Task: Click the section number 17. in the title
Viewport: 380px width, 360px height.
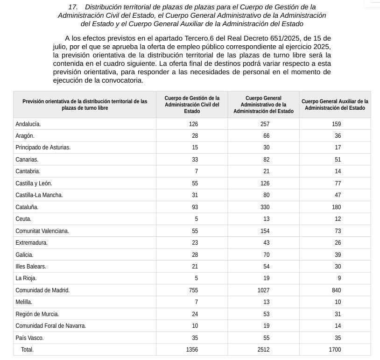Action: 73,7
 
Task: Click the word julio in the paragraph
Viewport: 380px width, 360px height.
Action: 61,47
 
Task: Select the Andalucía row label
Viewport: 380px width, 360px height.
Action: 28,124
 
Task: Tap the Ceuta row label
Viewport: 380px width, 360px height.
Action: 23,219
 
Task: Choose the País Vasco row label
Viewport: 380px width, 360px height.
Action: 29,338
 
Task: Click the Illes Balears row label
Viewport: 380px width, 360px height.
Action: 31,267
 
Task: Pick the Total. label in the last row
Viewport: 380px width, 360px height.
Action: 27,350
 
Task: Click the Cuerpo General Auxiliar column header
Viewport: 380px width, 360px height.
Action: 335,105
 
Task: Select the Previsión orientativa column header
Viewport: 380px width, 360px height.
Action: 85,105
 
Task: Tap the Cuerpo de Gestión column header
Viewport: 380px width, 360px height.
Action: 192,105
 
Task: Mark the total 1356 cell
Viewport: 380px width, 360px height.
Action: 192,350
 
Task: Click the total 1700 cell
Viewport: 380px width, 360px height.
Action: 335,350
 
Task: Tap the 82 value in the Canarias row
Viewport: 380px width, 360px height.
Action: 266,160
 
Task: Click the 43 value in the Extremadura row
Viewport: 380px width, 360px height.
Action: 266,243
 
